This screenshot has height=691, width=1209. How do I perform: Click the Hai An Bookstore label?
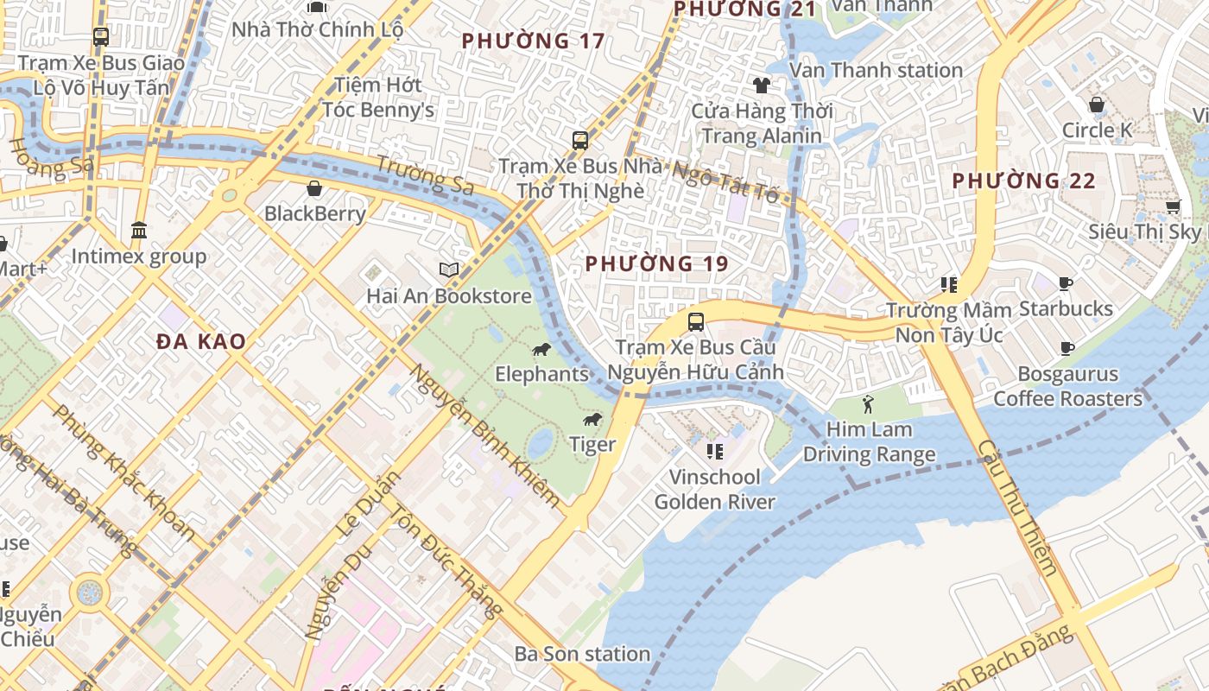449,296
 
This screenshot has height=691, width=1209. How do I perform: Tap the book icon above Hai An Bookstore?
448,270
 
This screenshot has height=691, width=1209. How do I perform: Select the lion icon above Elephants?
541,350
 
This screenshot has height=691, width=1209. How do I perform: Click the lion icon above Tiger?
592,420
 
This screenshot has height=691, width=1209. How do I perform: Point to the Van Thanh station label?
876,70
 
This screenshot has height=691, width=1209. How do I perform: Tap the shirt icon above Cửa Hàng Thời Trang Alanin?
761,85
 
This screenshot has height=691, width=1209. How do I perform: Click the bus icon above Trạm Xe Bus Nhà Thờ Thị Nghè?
580,140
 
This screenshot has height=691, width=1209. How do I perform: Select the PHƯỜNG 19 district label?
656,263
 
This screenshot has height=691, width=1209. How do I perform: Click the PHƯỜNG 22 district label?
1023,181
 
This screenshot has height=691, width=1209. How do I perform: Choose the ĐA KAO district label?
201,341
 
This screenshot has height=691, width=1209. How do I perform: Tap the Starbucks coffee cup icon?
1066,283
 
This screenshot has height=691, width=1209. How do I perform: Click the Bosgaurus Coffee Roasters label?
1067,386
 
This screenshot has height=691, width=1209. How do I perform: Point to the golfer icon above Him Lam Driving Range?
868,404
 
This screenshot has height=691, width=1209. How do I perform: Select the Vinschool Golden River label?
715,489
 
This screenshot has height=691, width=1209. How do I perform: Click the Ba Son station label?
582,654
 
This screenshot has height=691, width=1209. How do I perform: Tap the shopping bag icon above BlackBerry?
314,187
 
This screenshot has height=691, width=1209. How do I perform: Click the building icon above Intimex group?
139,230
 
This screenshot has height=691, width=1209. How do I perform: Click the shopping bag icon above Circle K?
1097,105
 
